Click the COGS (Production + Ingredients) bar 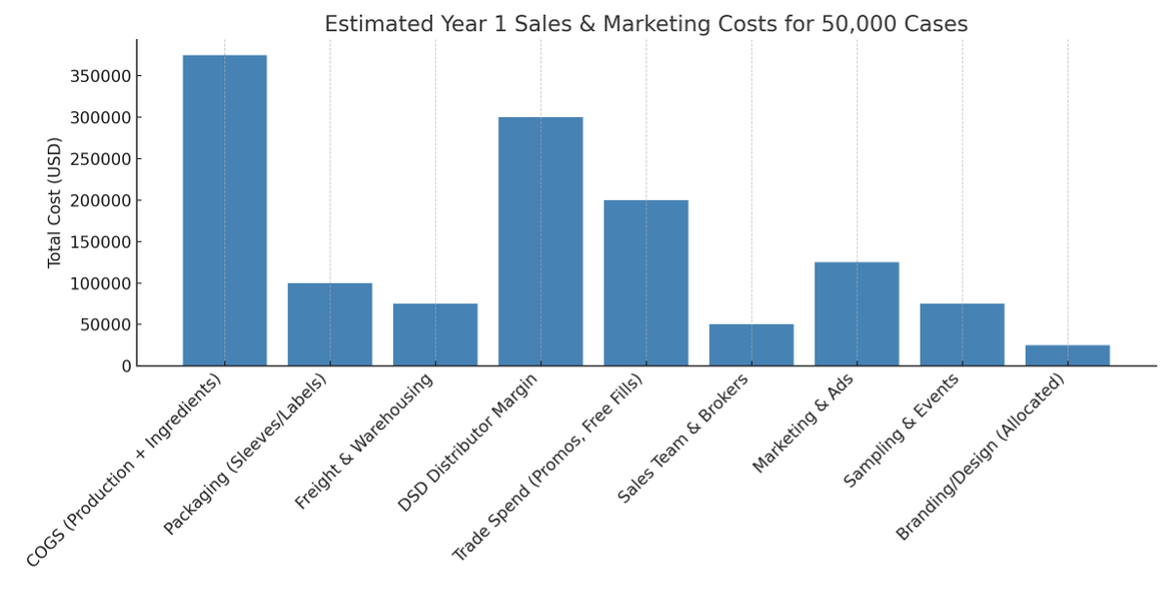(x=224, y=211)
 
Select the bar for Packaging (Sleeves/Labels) (x=330, y=325)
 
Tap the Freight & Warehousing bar (x=435, y=334)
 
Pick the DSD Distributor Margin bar (x=540, y=242)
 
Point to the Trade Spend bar (x=646, y=283)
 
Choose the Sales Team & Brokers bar (x=751, y=345)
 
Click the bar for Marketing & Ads (x=856, y=314)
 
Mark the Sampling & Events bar (x=961, y=334)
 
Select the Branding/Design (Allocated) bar (x=1067, y=355)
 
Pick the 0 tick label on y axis (x=127, y=367)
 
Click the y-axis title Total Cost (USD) (x=55, y=202)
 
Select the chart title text (x=646, y=24)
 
